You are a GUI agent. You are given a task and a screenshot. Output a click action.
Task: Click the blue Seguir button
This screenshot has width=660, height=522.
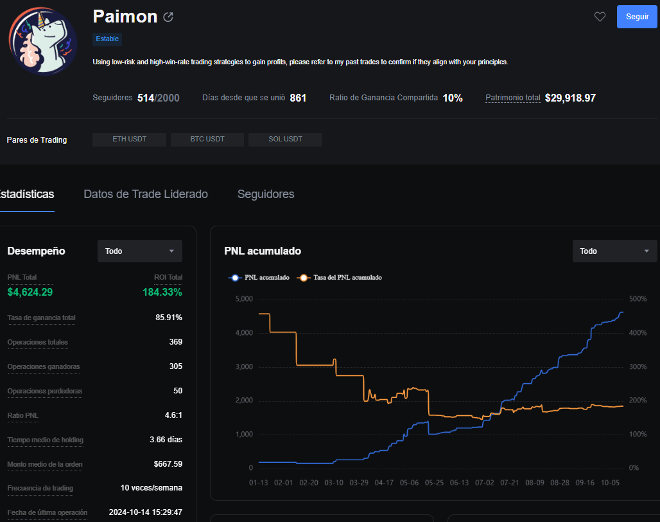636,17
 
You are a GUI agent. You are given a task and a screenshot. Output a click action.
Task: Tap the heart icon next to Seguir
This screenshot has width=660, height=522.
600,17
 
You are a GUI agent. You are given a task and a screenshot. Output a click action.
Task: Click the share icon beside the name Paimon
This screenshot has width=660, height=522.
168,17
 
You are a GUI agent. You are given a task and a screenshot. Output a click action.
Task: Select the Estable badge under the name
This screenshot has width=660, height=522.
107,39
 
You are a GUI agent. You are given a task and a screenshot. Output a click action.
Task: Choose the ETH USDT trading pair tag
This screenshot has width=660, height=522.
129,139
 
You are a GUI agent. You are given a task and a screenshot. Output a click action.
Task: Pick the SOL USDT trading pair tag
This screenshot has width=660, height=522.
286,139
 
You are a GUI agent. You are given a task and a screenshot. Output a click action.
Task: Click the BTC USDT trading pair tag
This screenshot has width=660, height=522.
207,139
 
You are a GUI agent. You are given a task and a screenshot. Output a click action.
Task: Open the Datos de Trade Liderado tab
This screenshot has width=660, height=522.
146,194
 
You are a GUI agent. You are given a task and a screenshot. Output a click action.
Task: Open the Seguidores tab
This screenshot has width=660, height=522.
266,194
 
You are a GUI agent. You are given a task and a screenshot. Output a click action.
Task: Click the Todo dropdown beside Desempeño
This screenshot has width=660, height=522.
140,251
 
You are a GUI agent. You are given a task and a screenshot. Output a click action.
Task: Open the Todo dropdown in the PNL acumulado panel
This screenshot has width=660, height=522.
614,251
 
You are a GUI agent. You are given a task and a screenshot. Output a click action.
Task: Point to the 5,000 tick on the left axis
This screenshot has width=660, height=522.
244,299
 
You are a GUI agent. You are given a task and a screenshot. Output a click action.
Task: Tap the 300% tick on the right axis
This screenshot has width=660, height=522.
638,366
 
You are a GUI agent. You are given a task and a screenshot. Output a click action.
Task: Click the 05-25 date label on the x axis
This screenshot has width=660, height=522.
434,483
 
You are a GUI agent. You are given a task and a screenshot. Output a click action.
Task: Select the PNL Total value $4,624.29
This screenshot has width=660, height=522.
30,292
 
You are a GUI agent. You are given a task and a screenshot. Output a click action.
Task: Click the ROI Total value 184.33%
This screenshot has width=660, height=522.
162,292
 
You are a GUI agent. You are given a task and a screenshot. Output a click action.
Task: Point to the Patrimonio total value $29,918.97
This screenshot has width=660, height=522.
570,98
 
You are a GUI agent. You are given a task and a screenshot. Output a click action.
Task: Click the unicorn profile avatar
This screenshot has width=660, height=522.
43,41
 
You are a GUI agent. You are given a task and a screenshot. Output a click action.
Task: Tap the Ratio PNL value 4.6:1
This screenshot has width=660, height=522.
173,415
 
